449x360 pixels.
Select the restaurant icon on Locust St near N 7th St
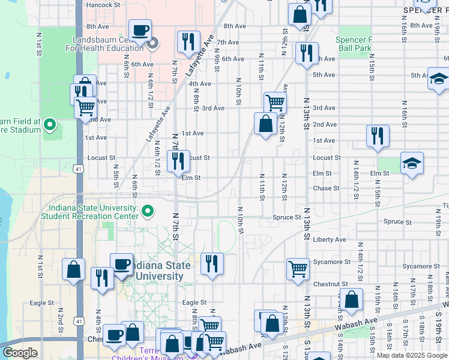(178, 160)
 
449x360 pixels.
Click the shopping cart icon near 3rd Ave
(275, 102)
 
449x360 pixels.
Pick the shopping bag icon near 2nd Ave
(265, 124)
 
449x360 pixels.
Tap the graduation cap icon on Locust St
(412, 163)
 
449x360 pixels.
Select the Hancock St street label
(103, 5)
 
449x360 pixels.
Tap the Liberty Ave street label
(330, 239)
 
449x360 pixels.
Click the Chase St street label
(326, 188)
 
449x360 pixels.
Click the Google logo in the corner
(20, 353)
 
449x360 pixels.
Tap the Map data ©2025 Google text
(412, 355)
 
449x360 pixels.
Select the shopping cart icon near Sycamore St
(298, 269)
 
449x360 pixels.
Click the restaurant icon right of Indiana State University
(212, 263)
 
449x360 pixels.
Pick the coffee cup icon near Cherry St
(114, 335)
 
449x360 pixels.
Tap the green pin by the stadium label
(50, 125)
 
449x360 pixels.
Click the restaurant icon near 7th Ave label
(188, 41)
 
